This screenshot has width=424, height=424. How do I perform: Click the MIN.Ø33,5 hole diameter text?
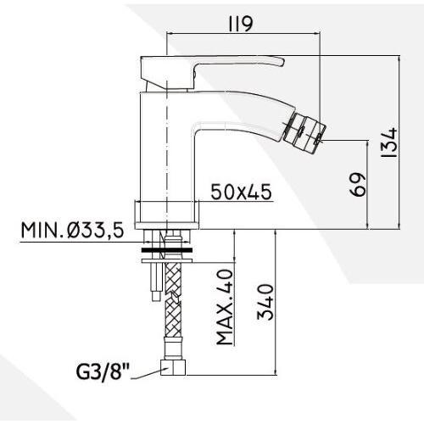pos(75,230)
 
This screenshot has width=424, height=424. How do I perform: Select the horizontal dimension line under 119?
pos(245,34)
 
